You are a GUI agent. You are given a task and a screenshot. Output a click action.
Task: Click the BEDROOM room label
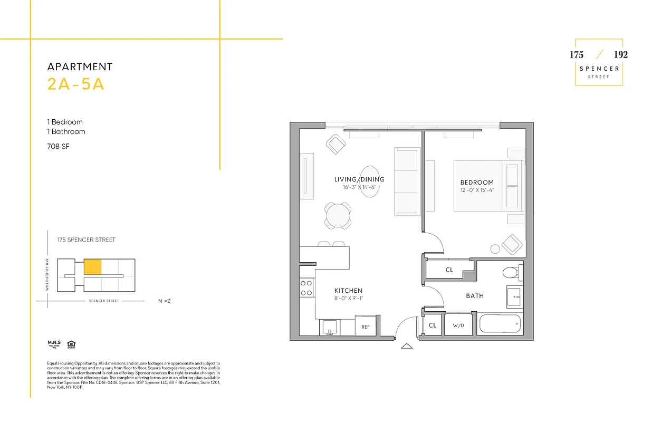click(x=477, y=183)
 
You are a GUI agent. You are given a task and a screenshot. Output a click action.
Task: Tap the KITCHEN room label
click(x=348, y=291)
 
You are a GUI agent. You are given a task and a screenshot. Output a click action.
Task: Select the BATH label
click(x=475, y=296)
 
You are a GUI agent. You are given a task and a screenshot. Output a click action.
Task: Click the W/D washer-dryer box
click(x=458, y=325)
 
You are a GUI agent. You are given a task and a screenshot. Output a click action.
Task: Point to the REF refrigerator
click(x=366, y=327)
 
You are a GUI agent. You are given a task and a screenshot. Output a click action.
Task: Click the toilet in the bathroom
click(x=511, y=273)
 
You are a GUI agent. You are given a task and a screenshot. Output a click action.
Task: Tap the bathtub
click(x=500, y=323)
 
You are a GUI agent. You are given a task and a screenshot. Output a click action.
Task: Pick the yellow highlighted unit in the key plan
click(x=92, y=267)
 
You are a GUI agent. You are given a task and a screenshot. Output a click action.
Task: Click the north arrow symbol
click(x=167, y=301)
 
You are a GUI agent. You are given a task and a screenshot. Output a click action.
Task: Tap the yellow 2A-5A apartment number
click(x=76, y=84)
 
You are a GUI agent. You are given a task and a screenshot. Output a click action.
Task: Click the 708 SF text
click(x=58, y=146)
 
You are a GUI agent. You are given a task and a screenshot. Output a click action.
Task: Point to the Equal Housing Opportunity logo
click(x=71, y=346)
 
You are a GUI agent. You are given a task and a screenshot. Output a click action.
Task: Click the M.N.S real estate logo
click(x=54, y=345)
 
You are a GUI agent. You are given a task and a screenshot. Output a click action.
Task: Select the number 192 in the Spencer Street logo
click(x=620, y=55)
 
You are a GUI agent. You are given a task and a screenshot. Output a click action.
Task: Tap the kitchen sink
click(x=329, y=328)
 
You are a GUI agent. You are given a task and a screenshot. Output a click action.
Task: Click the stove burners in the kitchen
click(x=306, y=288)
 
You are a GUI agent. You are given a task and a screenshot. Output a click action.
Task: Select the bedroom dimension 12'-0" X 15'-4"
click(x=477, y=190)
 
